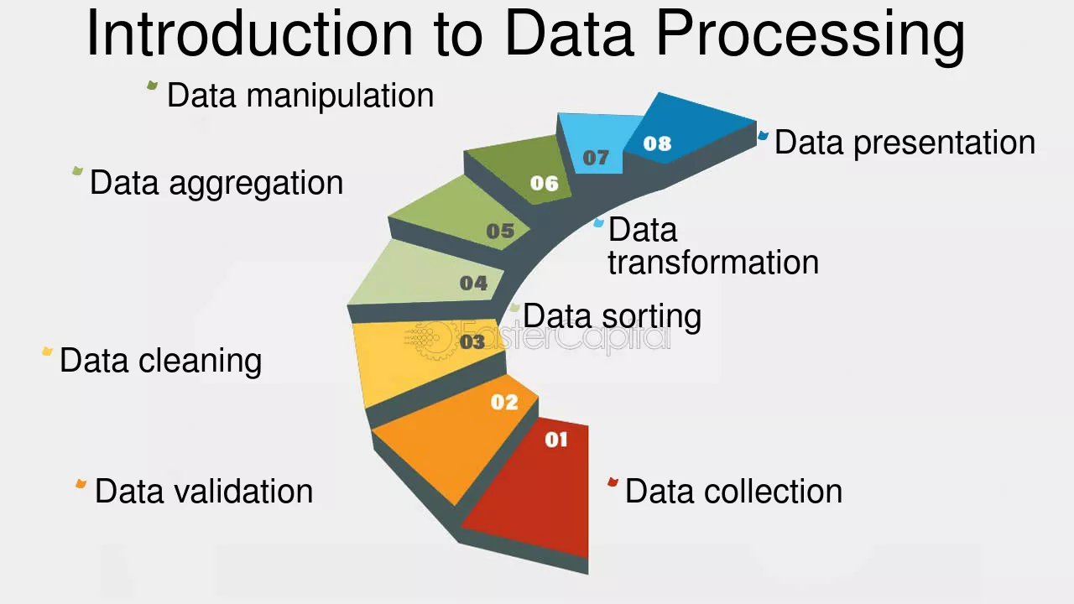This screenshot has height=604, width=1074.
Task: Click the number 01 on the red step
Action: click(x=556, y=440)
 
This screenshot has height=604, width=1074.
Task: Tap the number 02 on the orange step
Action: click(x=504, y=402)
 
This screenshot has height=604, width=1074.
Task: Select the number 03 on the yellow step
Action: click(x=472, y=341)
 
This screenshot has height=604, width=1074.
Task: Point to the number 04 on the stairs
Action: click(x=473, y=283)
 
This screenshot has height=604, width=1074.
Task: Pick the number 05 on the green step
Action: click(x=500, y=231)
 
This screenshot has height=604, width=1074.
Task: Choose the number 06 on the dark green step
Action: click(x=545, y=183)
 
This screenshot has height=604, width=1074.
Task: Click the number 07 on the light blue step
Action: click(x=596, y=157)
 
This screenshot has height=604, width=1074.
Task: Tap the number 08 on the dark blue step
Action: click(x=657, y=143)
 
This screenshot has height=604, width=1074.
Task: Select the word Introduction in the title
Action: click(x=249, y=34)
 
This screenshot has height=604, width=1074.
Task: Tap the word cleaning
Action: click(x=200, y=361)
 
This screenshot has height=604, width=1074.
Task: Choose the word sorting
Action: click(x=651, y=317)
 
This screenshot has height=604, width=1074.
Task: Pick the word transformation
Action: click(x=713, y=263)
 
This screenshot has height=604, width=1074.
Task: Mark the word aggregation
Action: click(x=256, y=184)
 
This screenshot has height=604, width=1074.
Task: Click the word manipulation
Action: click(x=340, y=96)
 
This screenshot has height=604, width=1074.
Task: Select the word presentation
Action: click(x=944, y=143)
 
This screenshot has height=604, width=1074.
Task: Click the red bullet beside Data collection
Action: click(x=613, y=482)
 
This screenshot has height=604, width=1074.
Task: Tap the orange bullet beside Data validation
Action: click(x=81, y=484)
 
